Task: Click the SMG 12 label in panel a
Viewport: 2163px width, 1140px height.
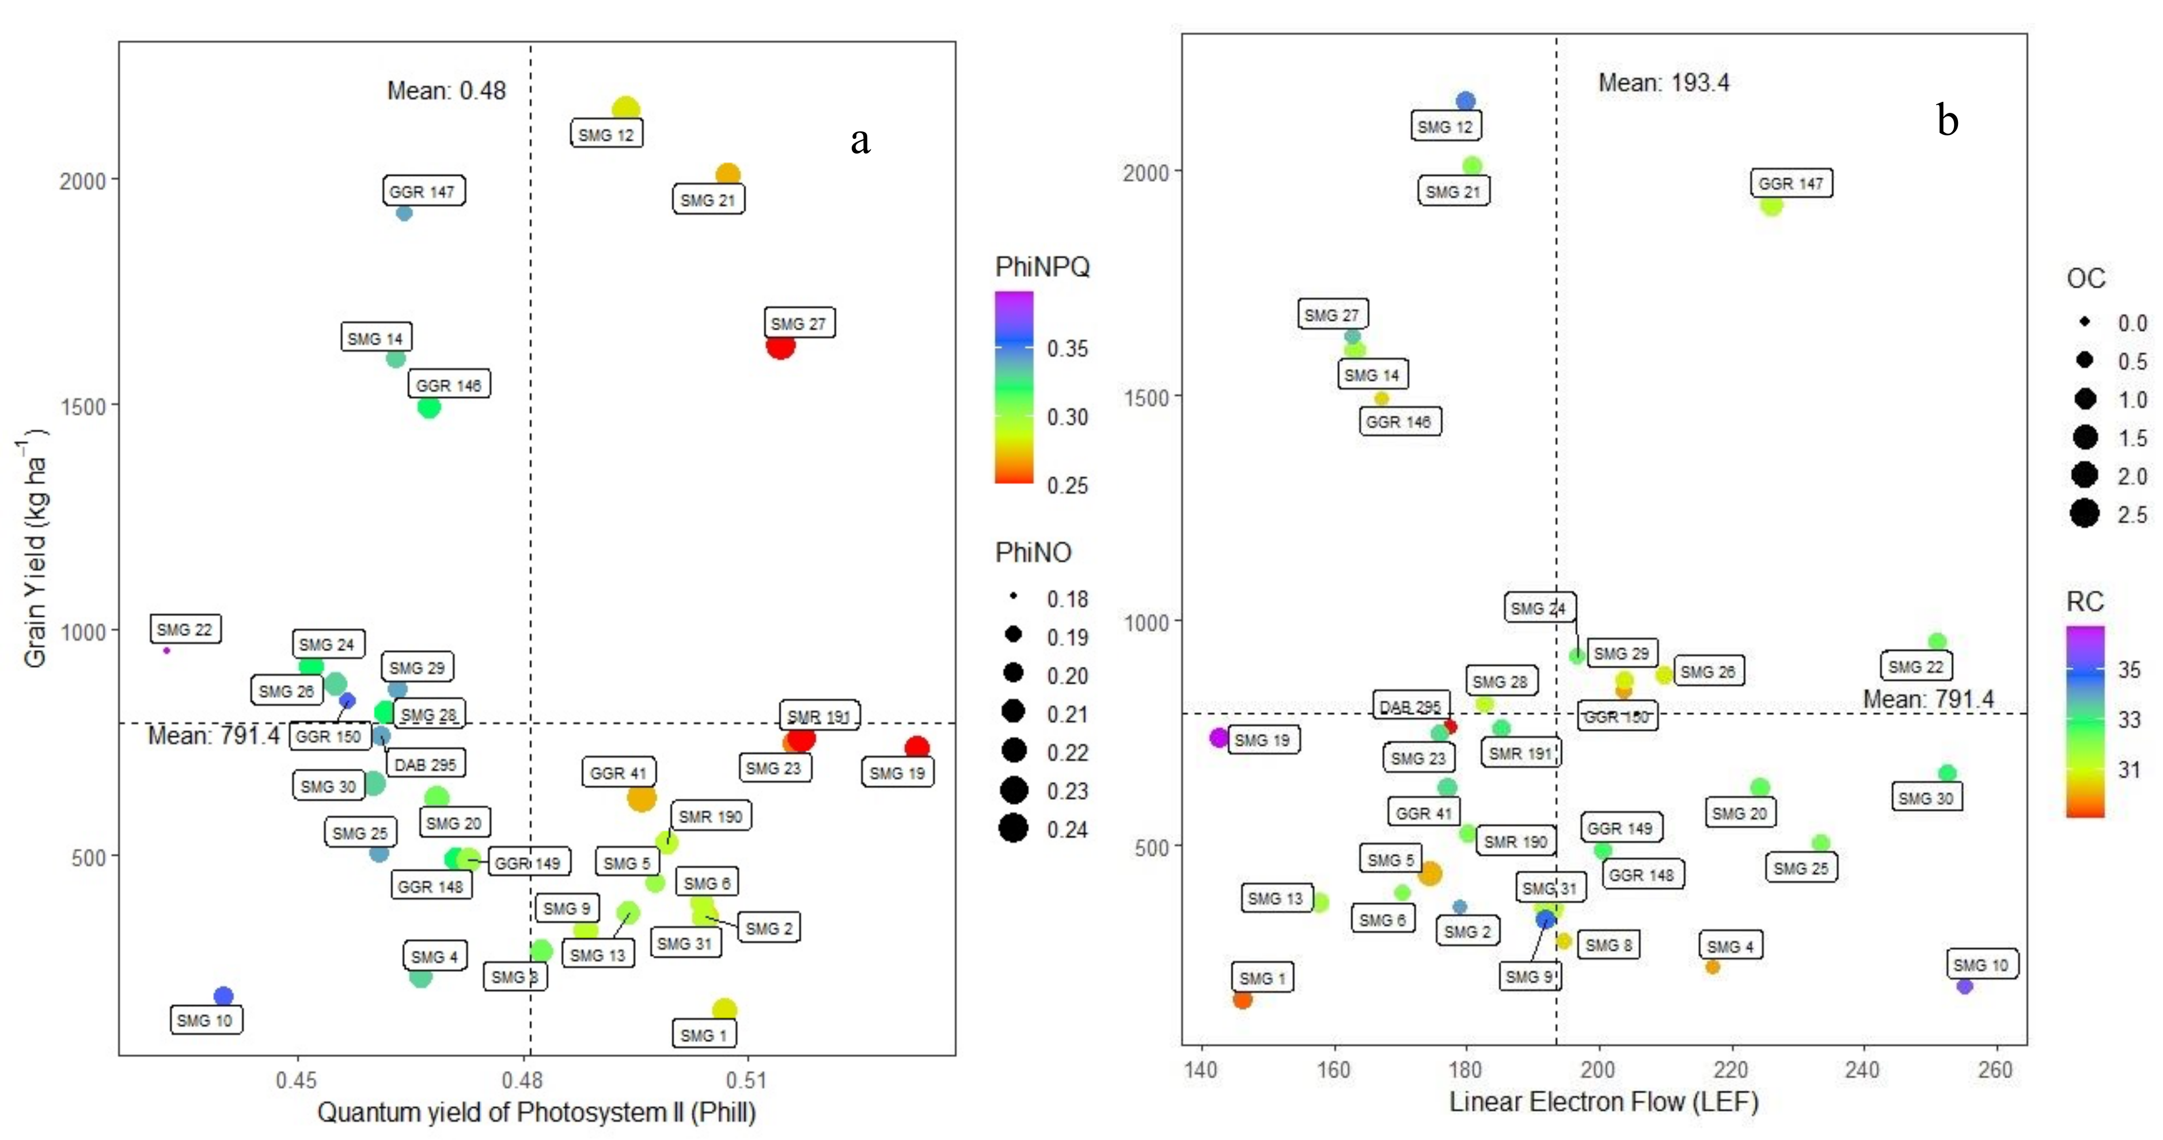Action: tap(606, 134)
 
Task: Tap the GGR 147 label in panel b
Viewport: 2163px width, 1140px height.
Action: tap(1791, 183)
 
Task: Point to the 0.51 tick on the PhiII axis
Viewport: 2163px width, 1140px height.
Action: tap(747, 1079)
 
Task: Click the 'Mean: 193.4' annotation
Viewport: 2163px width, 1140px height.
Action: tap(1663, 82)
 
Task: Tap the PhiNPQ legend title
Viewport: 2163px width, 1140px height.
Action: tap(1042, 267)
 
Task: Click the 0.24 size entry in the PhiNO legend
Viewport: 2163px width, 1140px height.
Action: tap(1014, 829)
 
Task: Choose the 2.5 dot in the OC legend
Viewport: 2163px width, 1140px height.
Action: tap(2084, 513)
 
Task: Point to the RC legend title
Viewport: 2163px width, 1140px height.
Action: tap(2084, 601)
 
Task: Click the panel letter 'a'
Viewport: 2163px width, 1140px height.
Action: tap(860, 140)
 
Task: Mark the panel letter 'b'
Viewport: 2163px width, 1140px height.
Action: tap(1947, 120)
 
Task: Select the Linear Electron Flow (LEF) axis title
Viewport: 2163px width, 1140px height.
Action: tap(1603, 1101)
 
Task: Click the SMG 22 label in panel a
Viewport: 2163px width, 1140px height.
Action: tap(185, 629)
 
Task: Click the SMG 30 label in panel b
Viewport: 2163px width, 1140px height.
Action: tap(1926, 797)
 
